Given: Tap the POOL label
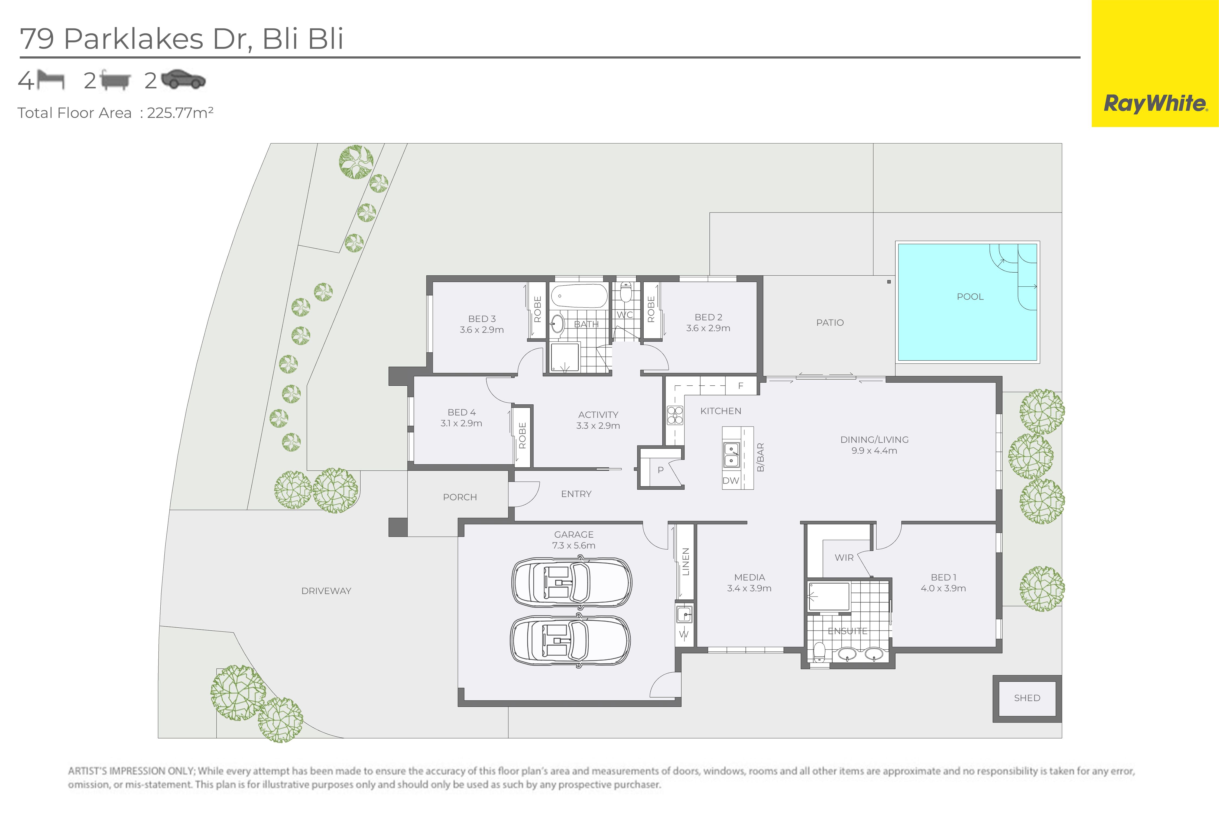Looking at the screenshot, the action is (x=970, y=296).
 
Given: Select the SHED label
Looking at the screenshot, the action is (x=1027, y=698).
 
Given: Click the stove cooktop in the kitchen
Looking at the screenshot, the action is (x=675, y=416).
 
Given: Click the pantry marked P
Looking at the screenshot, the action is (x=661, y=469).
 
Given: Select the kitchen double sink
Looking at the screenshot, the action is (x=731, y=455).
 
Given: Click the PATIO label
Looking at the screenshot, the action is (x=830, y=322).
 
